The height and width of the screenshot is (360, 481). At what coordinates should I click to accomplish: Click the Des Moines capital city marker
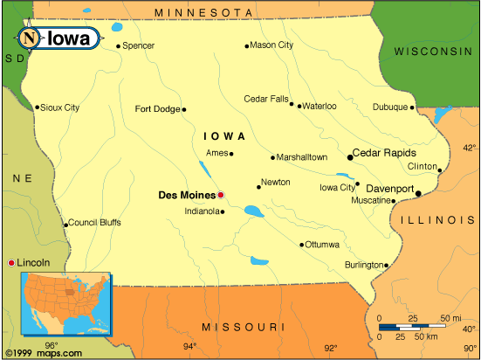(x=221, y=195)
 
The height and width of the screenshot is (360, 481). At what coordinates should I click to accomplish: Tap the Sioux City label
(x=60, y=107)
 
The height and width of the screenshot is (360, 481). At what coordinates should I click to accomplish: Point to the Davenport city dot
(x=419, y=193)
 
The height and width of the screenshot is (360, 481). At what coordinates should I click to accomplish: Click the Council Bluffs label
(x=94, y=222)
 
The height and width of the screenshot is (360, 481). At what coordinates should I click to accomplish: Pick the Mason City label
(x=271, y=45)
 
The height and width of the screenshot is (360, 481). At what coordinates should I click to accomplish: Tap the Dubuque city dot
(x=412, y=107)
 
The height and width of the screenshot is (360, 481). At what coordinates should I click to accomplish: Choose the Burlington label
(x=363, y=264)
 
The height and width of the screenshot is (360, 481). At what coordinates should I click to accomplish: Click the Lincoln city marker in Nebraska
(x=11, y=262)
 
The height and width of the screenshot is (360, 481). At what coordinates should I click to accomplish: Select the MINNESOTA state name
(x=210, y=12)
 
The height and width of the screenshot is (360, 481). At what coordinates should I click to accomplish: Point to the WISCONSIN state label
(x=432, y=52)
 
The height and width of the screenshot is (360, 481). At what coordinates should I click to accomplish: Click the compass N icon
(x=30, y=38)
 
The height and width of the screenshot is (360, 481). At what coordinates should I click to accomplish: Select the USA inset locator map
(x=68, y=301)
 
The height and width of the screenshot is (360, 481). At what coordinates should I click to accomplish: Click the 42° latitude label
(x=470, y=148)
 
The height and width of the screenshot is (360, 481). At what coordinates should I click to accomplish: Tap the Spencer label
(x=138, y=45)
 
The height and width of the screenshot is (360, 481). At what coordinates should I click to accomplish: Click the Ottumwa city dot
(x=303, y=245)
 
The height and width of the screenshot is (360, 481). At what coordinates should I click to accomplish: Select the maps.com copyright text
(x=42, y=353)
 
